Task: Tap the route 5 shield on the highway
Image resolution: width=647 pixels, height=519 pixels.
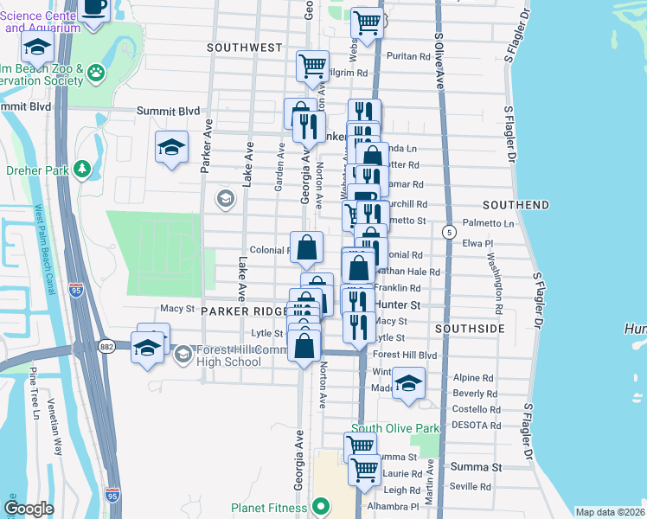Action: tap(448, 232)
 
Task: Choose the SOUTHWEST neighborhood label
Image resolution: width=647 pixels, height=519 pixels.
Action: tap(245, 47)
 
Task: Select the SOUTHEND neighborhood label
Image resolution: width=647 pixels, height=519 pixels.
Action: tap(516, 205)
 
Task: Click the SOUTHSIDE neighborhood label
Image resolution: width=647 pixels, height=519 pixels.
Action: tap(470, 330)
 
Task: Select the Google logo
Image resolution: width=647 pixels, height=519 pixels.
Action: tap(29, 509)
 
